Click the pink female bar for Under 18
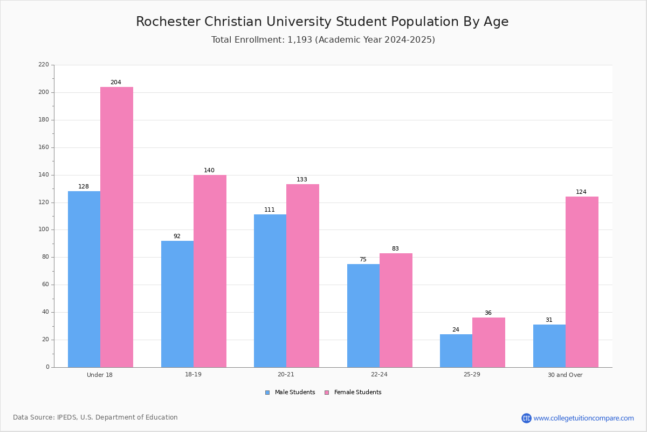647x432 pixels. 116,227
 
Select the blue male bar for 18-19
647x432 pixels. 177,304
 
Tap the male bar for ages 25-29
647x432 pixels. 456,351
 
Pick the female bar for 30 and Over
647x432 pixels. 582,282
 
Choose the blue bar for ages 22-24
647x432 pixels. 363,316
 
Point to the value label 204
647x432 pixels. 116,82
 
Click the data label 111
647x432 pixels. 270,210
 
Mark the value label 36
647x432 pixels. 488,313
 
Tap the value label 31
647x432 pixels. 549,320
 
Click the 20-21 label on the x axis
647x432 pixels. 286,374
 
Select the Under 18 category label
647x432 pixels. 100,375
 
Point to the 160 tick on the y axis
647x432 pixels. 44,147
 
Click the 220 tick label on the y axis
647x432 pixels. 44,64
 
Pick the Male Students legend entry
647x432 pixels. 290,392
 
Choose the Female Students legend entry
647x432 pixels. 353,392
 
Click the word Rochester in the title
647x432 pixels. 168,22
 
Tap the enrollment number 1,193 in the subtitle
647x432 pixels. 300,39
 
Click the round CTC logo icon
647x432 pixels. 526,418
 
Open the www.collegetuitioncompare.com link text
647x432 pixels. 584,418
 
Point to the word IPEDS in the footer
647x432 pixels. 67,417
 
